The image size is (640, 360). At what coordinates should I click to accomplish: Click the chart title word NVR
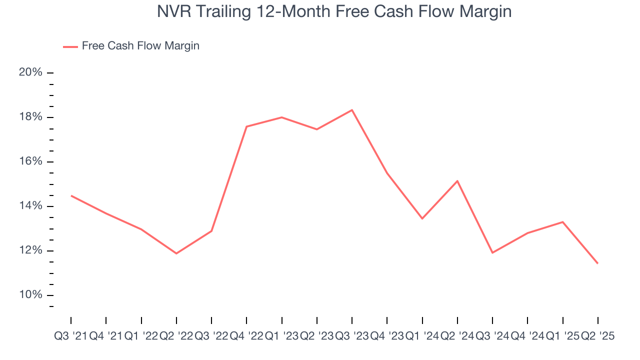173,11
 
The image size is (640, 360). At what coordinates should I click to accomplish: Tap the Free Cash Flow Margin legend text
140,46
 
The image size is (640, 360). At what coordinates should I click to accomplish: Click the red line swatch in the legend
70,46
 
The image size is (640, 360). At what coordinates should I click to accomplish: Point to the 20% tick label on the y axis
30,72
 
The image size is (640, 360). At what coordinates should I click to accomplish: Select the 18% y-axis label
30,117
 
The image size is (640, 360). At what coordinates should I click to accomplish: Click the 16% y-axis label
30,161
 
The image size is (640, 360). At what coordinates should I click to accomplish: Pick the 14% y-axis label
30,206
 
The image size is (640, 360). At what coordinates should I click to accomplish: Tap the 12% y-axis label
30,250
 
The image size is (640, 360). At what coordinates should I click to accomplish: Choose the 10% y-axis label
30,295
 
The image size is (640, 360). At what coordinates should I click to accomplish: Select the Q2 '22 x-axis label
176,336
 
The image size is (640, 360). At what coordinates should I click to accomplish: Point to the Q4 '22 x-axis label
246,336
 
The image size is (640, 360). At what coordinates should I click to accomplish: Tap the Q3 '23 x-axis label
352,336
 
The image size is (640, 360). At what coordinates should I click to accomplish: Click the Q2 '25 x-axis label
598,336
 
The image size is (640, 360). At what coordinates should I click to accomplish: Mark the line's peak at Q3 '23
352,110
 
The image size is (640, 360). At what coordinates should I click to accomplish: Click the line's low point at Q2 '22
176,253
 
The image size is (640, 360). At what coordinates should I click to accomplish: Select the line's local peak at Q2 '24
457,181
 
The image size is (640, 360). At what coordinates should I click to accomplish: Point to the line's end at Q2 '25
598,263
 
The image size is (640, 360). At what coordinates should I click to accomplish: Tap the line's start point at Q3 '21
71,195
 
